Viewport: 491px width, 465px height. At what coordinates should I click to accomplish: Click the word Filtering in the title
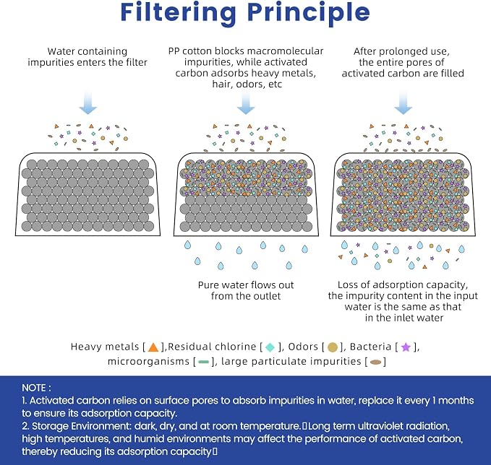pyautogui.click(x=179, y=13)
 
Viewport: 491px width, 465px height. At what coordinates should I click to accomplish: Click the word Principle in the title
pyautogui.click(x=309, y=13)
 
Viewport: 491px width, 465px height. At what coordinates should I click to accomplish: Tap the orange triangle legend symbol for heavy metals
pyautogui.click(x=153, y=347)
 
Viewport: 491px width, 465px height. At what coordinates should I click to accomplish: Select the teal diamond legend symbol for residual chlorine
pyautogui.click(x=270, y=347)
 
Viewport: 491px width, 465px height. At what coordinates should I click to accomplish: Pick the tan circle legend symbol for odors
pyautogui.click(x=333, y=347)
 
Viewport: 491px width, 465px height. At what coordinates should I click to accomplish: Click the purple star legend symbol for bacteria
pyautogui.click(x=406, y=347)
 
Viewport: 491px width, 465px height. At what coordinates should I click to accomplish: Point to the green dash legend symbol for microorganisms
pyautogui.click(x=204, y=362)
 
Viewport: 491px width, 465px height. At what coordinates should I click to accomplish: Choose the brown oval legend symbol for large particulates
pyautogui.click(x=376, y=362)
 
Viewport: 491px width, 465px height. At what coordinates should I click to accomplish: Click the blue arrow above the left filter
pyautogui.click(x=88, y=103)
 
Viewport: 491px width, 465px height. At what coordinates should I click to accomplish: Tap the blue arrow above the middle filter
pyautogui.click(x=246, y=103)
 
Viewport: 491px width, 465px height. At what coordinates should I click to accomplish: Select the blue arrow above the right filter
pyautogui.click(x=403, y=103)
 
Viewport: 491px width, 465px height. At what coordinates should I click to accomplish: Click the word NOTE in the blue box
pyautogui.click(x=34, y=388)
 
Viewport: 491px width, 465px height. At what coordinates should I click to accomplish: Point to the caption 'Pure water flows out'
pyautogui.click(x=246, y=285)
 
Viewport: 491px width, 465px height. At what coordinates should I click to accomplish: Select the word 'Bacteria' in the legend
pyautogui.click(x=370, y=347)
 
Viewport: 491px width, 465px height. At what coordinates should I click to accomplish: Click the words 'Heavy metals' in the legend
pyautogui.click(x=105, y=347)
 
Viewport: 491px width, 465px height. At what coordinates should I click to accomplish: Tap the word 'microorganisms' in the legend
pyautogui.click(x=148, y=362)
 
